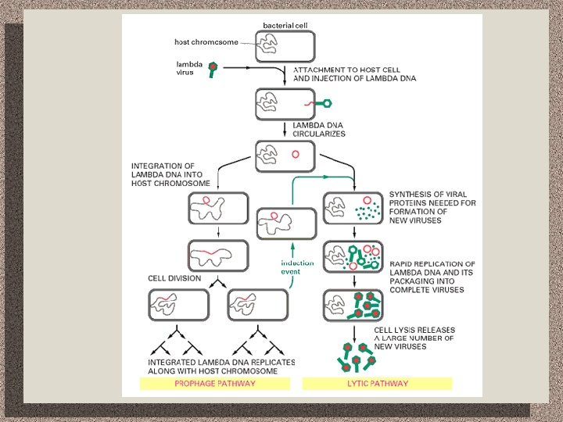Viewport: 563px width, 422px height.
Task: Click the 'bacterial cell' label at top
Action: [285, 26]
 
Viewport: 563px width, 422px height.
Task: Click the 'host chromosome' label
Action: [206, 41]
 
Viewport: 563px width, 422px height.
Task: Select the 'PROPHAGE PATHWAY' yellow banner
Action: [215, 384]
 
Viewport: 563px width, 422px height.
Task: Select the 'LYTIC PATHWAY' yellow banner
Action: [377, 384]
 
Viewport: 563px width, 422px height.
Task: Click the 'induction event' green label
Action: [297, 267]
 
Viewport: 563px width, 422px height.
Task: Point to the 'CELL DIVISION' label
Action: [174, 278]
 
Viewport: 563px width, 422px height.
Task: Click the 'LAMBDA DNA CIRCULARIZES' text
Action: [319, 129]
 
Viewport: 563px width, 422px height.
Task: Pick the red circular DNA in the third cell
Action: [296, 154]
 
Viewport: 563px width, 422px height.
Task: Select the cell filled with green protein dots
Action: [353, 209]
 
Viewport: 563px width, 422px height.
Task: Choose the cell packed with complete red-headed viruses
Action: [353, 305]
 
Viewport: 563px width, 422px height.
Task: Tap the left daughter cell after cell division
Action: [179, 305]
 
